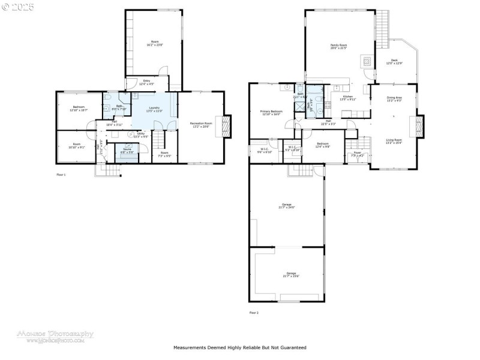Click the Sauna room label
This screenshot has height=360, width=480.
(x=127, y=150)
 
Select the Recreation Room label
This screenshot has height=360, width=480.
(x=202, y=124)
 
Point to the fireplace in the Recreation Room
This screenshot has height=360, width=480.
(x=226, y=126)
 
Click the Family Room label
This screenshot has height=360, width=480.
(x=339, y=46)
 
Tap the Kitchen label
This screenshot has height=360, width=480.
(x=349, y=97)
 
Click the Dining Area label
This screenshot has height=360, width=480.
(x=394, y=98)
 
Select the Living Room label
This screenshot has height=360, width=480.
(x=394, y=140)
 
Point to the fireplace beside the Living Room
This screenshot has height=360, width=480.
(x=419, y=127)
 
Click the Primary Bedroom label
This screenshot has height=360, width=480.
(x=271, y=112)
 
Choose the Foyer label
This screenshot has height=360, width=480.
(x=356, y=154)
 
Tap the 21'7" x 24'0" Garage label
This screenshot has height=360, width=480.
(x=286, y=206)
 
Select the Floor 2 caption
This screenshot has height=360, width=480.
(x=254, y=313)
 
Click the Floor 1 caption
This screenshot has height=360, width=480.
(x=61, y=175)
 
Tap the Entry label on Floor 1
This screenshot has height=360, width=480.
(x=146, y=82)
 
